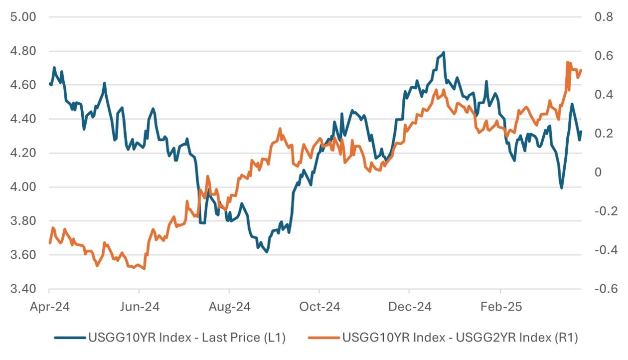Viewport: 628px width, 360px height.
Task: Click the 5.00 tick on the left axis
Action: [23, 17]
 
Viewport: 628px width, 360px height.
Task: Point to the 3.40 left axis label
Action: [23, 289]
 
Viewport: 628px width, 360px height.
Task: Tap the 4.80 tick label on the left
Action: [23, 51]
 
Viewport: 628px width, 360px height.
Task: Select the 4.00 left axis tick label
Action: [23, 187]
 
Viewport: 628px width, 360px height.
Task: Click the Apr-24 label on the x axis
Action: [49, 307]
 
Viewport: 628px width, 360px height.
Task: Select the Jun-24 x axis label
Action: [139, 307]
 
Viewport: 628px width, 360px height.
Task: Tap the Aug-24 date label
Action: [229, 307]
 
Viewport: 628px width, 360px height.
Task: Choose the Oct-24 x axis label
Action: [319, 307]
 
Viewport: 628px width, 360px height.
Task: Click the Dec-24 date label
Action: [409, 307]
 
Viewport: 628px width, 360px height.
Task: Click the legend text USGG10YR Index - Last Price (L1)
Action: [187, 338]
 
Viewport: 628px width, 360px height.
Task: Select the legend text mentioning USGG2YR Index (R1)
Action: [460, 338]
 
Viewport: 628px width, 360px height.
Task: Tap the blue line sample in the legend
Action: [69, 338]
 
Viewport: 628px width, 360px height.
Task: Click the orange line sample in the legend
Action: [324, 338]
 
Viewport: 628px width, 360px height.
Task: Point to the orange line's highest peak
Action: [568, 62]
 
